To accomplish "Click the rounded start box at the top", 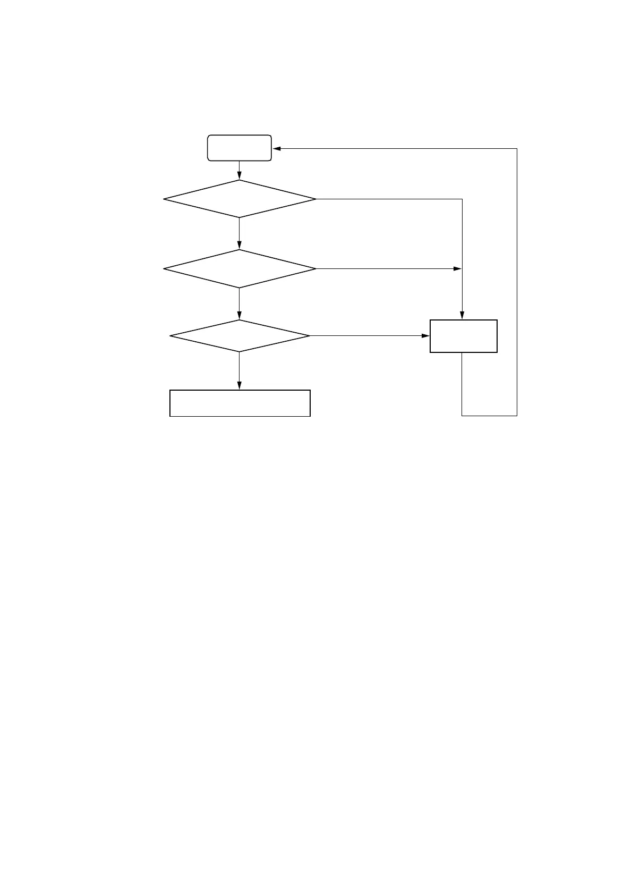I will click(x=239, y=148).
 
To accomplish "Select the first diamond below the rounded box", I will click(x=239, y=199).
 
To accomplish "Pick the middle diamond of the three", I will click(x=239, y=269).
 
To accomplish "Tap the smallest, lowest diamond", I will click(x=239, y=336).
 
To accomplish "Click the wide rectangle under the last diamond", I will click(x=240, y=403).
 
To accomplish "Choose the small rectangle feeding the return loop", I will click(x=463, y=336).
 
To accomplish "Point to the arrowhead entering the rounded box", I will click(x=276, y=148).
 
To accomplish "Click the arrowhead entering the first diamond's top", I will click(x=239, y=176).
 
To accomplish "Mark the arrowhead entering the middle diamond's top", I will click(x=239, y=246).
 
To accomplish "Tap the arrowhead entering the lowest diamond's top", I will click(x=239, y=316).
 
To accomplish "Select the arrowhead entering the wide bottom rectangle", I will click(x=239, y=386).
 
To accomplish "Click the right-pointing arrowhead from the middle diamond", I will click(x=458, y=269).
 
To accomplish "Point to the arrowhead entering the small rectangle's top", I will click(x=462, y=316).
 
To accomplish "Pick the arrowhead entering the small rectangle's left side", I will click(x=425, y=336).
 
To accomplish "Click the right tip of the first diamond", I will click(x=316, y=199).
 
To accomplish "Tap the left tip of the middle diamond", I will click(x=164, y=269).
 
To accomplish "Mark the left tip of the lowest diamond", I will click(x=169, y=336).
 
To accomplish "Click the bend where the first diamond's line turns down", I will click(x=462, y=199).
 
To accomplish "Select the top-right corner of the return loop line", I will click(x=517, y=148).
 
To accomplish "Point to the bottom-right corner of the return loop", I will click(x=517, y=415).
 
